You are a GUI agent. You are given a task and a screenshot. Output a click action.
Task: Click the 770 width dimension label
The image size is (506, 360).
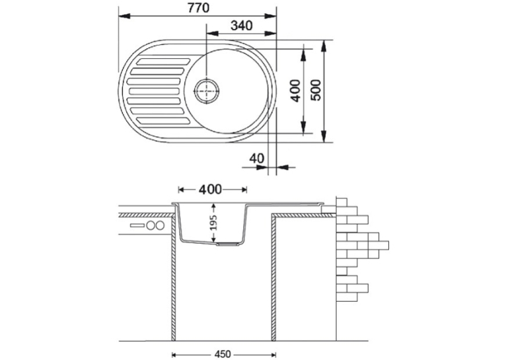(198, 8)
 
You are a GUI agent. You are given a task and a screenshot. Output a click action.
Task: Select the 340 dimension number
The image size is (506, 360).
(241, 26)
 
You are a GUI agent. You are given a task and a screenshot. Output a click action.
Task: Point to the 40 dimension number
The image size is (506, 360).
(256, 159)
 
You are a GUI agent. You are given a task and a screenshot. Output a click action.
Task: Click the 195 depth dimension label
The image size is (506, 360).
(213, 223)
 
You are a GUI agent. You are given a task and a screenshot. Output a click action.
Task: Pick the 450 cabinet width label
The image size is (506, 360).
(223, 354)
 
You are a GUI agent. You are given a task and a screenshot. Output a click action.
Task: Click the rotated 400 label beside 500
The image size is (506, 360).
(295, 90)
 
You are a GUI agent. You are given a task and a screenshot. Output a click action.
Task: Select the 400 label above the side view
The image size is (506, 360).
(210, 190)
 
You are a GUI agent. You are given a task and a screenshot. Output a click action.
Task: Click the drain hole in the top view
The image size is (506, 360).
(207, 91)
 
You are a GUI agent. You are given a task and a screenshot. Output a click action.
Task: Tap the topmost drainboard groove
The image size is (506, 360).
(163, 61)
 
